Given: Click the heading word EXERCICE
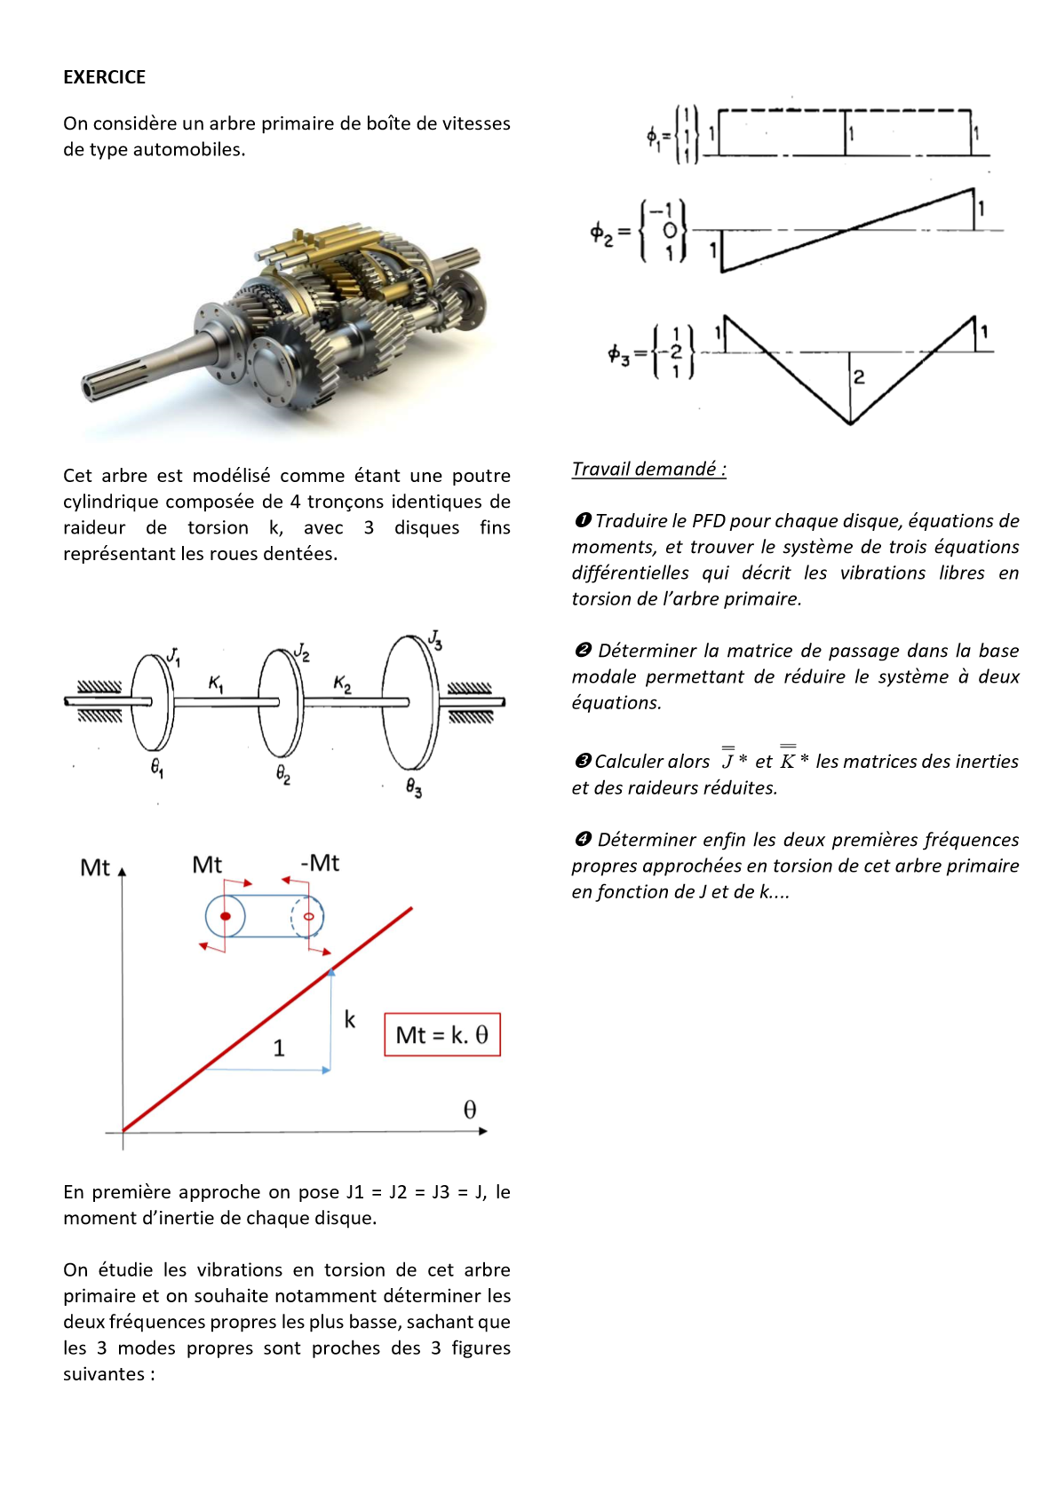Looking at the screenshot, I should [x=104, y=77].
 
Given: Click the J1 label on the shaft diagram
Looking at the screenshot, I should [x=174, y=656].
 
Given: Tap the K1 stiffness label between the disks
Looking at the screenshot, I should [x=217, y=683].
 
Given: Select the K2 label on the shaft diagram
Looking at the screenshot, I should [x=342, y=684].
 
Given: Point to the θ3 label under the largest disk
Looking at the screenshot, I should [x=414, y=787].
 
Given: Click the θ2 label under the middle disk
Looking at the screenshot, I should [x=283, y=775].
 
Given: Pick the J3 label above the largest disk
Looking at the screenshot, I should [x=435, y=639].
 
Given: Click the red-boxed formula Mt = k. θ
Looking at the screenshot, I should [x=442, y=1035].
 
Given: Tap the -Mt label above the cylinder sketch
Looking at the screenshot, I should [x=320, y=863].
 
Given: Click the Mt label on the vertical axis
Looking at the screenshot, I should [x=94, y=867].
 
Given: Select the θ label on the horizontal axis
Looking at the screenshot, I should [x=470, y=1110].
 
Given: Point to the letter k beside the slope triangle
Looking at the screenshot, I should [x=350, y=1020].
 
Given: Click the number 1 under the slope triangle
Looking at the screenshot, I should [x=279, y=1048].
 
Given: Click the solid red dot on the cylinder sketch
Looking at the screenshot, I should [x=226, y=916].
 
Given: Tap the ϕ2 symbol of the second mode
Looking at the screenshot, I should [x=602, y=233].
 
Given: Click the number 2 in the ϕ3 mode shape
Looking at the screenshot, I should [x=858, y=376].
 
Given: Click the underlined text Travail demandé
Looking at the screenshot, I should [x=648, y=469].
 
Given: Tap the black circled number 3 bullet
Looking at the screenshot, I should [x=583, y=762].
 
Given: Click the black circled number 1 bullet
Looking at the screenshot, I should [x=583, y=520].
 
